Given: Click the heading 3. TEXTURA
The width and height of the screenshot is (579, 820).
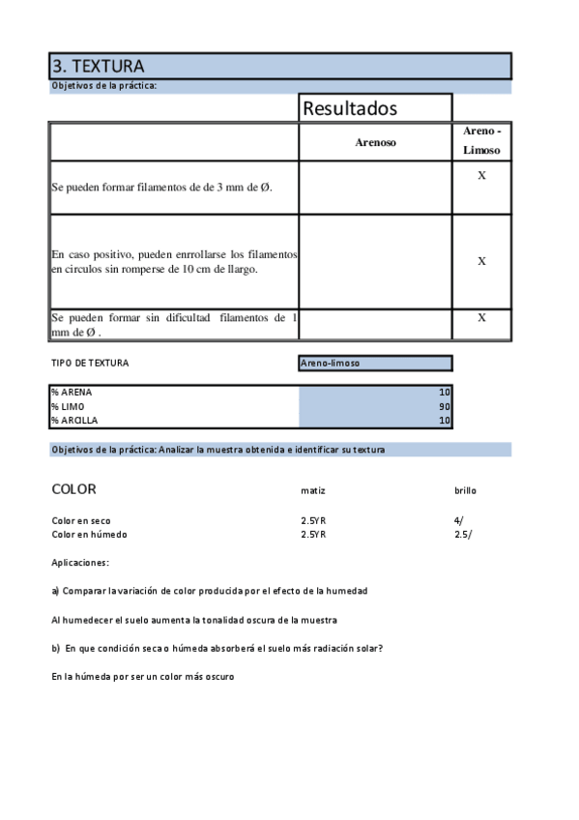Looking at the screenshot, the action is [98, 67].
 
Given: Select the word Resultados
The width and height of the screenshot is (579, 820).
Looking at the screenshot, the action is [350, 108].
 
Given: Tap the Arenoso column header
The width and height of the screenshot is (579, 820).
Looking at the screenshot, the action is [375, 142].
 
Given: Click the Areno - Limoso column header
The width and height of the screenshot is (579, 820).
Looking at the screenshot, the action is [481, 141].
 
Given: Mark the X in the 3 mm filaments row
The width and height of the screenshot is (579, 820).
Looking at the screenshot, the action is [481, 175].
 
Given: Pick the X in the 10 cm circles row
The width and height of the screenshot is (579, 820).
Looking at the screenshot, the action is [481, 261].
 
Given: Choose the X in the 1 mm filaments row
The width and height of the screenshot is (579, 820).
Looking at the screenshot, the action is [481, 317].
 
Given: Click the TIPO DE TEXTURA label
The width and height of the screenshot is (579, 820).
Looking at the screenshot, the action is [90, 364].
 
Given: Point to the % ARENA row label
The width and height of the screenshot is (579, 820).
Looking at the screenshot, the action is [72, 393].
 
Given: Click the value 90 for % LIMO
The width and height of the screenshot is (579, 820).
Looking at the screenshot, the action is [445, 407].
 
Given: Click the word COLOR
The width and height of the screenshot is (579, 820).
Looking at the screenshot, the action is [73, 489].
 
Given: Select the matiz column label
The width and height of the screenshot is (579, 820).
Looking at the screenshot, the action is [313, 491].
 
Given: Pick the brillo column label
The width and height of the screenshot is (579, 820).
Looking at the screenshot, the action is [465, 491].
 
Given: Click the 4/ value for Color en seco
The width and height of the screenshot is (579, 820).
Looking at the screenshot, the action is [459, 520].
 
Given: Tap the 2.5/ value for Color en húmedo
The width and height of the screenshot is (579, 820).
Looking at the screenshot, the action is [463, 534].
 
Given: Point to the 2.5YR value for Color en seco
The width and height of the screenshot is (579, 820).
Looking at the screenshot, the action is [313, 520].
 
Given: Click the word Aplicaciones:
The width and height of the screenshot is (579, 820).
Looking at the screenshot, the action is [80, 562].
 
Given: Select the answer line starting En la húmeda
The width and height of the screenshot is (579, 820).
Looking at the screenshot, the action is [143, 677].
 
